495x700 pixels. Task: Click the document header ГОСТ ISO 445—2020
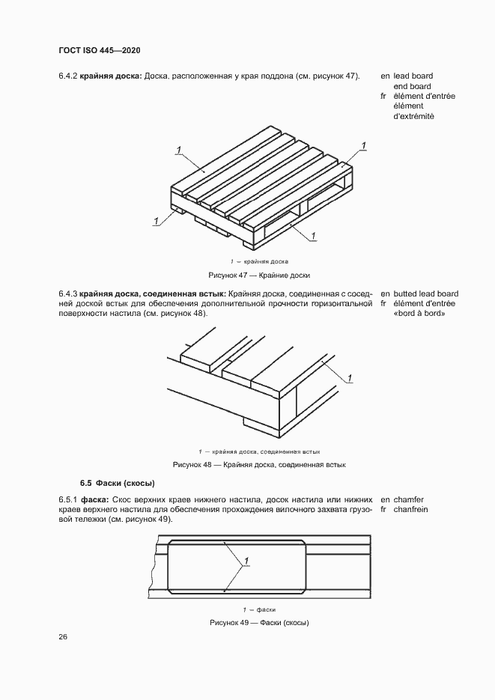[x=100, y=50]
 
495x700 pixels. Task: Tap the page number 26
[x=63, y=637]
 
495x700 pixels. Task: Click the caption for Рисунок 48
[x=259, y=464]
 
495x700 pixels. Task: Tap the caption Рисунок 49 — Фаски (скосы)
[x=259, y=623]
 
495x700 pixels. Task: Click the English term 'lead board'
[x=413, y=76]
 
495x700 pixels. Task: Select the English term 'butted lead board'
[x=425, y=293]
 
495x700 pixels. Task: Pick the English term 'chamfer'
[x=408, y=499]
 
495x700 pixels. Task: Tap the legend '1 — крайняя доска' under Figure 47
[x=259, y=261]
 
